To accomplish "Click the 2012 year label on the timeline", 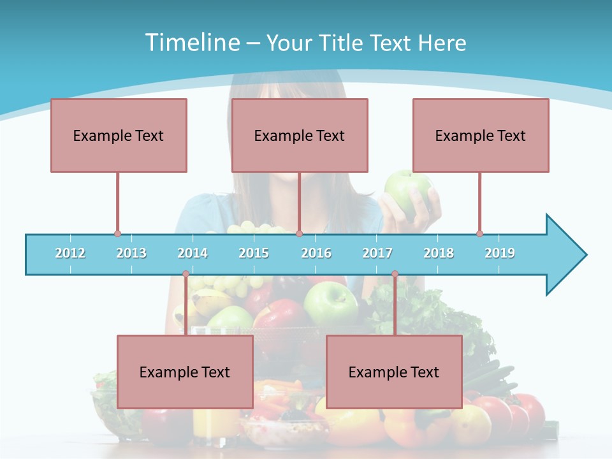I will [x=70, y=253].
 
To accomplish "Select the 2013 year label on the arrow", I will [x=131, y=253].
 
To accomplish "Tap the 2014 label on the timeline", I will [x=193, y=253].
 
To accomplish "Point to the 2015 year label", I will [x=254, y=253].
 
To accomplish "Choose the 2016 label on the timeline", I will [x=316, y=253].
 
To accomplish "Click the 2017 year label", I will [x=377, y=253].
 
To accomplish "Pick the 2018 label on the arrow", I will [x=439, y=253].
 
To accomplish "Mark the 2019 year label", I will [x=500, y=253].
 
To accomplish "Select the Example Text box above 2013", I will [x=119, y=135].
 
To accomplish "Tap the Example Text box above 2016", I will [x=300, y=135].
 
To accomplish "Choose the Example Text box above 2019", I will [x=481, y=135].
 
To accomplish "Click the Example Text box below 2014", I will [x=185, y=372].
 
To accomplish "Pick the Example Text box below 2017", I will [x=394, y=372].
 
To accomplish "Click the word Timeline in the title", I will [x=191, y=43].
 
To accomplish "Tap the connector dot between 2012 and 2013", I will [x=117, y=234].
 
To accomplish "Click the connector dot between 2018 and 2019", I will [x=479, y=234].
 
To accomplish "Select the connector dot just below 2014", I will [x=186, y=274].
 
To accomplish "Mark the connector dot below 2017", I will [x=395, y=274].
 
